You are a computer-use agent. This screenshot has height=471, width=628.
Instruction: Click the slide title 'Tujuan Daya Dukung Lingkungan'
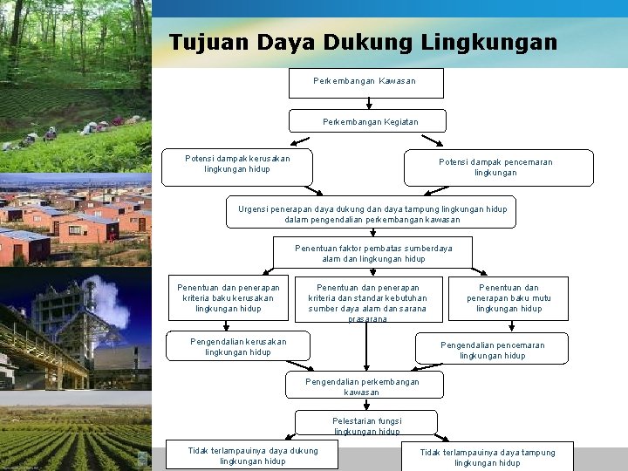[x=363, y=42]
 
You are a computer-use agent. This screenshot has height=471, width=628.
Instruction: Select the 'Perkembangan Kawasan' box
[x=365, y=82]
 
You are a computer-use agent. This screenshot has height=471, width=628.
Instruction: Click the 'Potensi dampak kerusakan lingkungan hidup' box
[x=237, y=167]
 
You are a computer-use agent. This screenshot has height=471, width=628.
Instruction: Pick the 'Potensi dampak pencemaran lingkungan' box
[x=498, y=167]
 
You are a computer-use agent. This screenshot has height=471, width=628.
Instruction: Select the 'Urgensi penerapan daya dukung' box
[x=372, y=213]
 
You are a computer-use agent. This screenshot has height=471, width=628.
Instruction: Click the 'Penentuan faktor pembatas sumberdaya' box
[x=372, y=252]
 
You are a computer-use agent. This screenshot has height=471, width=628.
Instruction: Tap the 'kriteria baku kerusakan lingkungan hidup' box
[x=229, y=298]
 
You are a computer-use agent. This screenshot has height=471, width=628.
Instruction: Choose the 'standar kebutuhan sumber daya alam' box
[x=367, y=300]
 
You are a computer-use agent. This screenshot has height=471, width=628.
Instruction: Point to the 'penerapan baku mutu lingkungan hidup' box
[x=509, y=298]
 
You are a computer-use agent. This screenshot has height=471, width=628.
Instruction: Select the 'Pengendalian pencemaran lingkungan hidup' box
[x=493, y=349]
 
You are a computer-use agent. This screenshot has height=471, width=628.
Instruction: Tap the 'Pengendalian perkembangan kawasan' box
[x=364, y=386]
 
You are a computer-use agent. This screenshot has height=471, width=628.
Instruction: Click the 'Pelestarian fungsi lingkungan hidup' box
[x=366, y=424]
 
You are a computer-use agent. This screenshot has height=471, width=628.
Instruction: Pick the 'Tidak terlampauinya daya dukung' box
[x=253, y=455]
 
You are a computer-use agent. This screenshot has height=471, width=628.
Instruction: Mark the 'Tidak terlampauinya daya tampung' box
[x=487, y=456]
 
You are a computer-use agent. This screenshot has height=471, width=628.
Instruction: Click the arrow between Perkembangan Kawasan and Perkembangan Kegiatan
[x=368, y=103]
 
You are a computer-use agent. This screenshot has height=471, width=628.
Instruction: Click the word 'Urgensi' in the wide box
[x=256, y=208]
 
